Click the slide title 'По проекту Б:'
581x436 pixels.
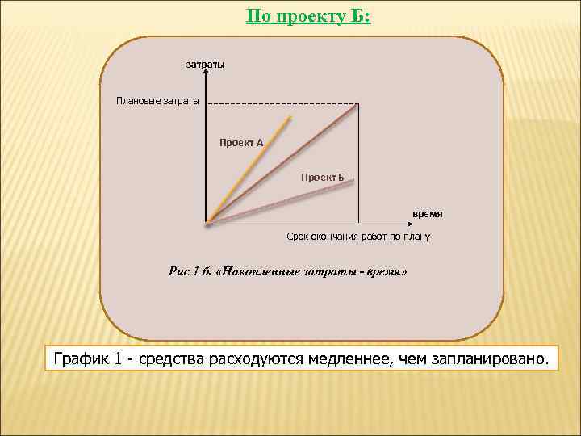[308, 16]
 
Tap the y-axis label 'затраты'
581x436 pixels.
[206, 64]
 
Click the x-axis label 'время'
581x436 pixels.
[428, 213]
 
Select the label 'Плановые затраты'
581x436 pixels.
[157, 101]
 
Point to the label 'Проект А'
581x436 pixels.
[241, 142]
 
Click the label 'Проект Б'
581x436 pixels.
[323, 177]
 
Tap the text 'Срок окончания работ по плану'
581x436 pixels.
[358, 237]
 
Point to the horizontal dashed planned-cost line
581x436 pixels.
[282, 104]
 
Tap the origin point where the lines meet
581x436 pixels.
[208, 222]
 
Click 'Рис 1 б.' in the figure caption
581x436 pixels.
[190, 272]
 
